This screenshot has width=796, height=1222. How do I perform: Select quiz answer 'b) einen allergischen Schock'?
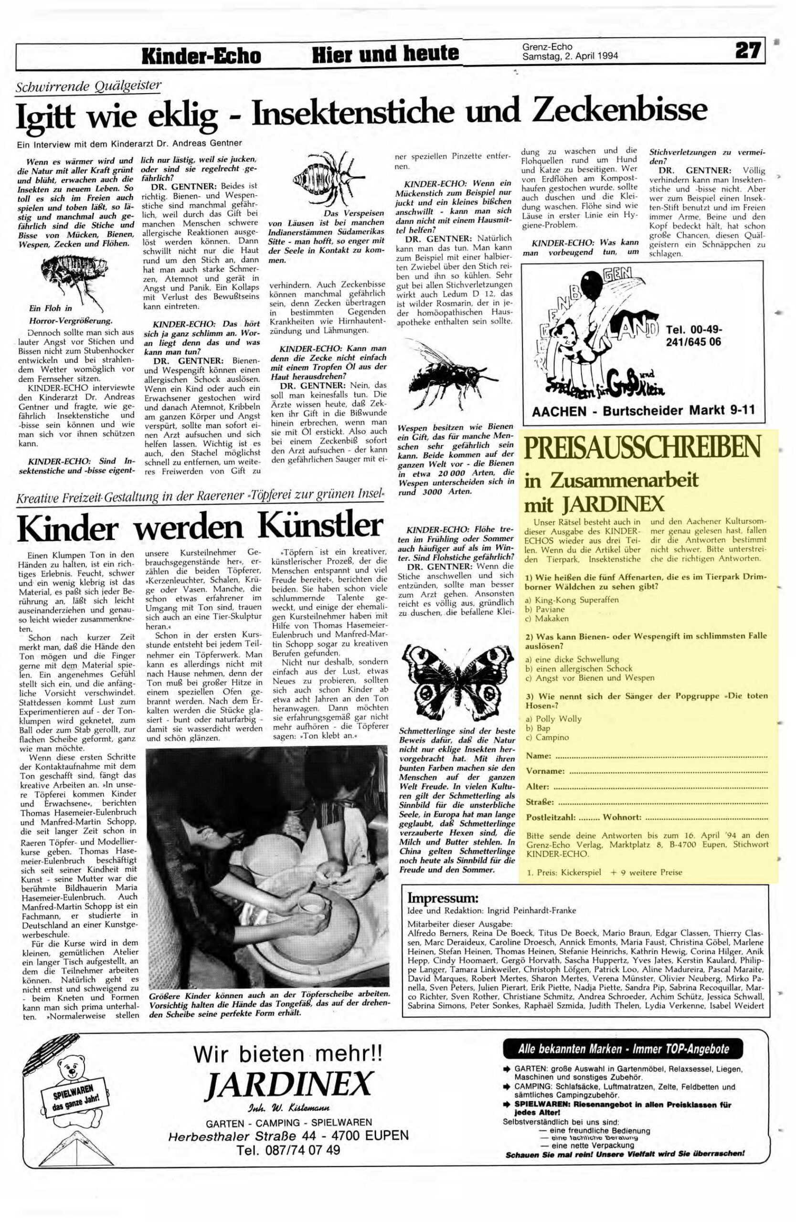point(578,668)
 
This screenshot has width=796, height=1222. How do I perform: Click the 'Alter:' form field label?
point(537,787)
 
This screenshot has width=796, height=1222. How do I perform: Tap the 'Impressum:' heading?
point(443,898)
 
